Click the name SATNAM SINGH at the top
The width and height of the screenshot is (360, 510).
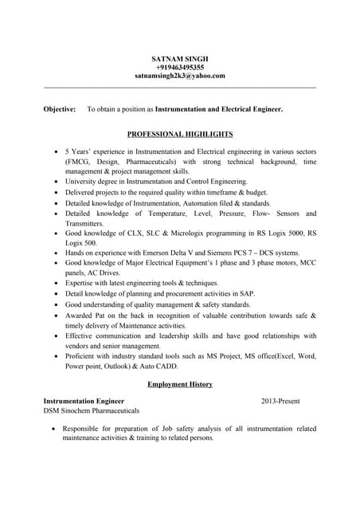tap(179, 58)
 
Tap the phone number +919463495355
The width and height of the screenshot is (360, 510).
tap(179, 67)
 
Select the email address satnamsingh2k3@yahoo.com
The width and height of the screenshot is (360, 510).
tap(179, 76)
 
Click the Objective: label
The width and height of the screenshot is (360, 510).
tap(60, 108)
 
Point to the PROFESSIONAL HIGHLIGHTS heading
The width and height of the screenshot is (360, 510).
tap(180, 134)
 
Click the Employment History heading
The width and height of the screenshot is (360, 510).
tap(180, 384)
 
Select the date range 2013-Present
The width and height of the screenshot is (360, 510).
tap(280, 401)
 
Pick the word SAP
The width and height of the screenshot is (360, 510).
tap(256, 294)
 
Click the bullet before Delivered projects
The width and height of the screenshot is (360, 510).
tap(53, 193)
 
